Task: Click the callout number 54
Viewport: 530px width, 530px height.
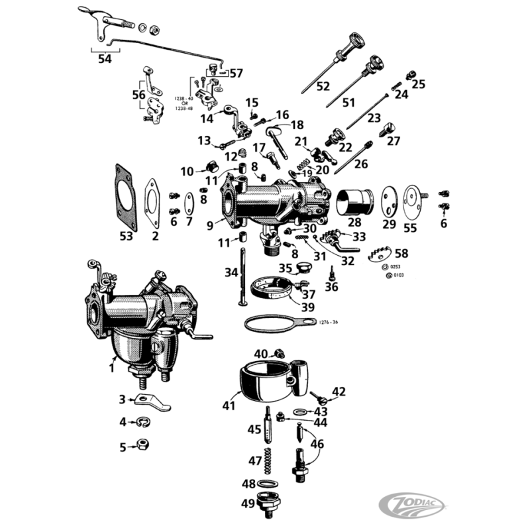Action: [x=105, y=59]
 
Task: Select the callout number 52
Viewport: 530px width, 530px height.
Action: [x=323, y=85]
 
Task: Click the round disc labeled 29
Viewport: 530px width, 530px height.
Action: [x=390, y=203]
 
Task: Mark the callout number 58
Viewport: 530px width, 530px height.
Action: [x=401, y=253]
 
